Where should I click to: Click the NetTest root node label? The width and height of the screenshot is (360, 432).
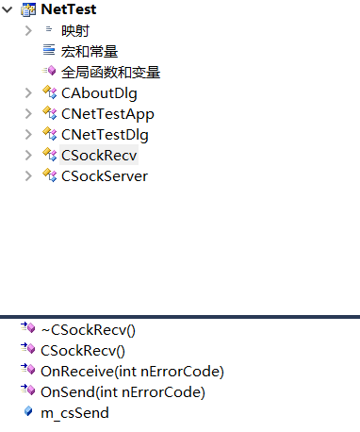coord(68,9)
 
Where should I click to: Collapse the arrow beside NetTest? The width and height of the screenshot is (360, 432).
coord(9,9)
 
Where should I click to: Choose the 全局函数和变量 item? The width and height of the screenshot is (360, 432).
coord(109,72)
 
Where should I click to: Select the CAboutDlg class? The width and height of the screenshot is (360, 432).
coord(99,92)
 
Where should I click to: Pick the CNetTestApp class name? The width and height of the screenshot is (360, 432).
coord(107,113)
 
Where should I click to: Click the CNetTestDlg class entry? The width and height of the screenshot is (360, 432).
coord(106,134)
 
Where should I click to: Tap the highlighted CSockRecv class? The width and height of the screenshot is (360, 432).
coord(98,155)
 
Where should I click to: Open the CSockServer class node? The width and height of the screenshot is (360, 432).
coord(104,175)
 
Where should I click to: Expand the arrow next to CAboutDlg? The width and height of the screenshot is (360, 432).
coord(30,92)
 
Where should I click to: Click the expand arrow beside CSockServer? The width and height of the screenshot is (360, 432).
coord(30,175)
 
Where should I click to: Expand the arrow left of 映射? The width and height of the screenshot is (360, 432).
coord(30,30)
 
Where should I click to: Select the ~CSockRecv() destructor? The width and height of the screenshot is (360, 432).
coord(88,329)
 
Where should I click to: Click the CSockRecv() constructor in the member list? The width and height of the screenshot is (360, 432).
coord(84,350)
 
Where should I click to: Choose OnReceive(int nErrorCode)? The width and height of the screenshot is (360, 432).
coord(132,371)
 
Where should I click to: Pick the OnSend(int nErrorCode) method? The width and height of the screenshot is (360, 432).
coord(123,391)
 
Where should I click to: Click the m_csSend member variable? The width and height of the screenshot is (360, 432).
coord(74,412)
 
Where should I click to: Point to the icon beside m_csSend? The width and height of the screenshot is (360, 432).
coord(28,412)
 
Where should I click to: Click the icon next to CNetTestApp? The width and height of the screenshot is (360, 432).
coord(50,113)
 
